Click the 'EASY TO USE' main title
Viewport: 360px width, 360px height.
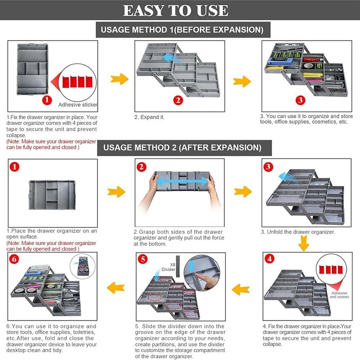click(176, 10)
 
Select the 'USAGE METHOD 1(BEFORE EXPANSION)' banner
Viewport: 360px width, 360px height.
click(183, 30)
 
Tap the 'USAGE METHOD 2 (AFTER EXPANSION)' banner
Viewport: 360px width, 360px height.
click(184, 148)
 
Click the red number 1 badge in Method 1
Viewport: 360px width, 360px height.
click(47, 100)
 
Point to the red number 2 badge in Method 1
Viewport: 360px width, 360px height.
click(178, 100)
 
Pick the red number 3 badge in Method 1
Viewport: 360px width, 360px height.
click(300, 100)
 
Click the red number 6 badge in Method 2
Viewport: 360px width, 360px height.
click(14, 259)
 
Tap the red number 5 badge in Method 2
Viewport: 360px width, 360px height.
click(143, 259)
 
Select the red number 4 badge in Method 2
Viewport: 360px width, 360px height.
click(270, 259)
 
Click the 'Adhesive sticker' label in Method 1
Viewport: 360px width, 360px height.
click(78, 105)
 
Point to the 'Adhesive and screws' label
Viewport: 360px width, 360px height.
click(339, 295)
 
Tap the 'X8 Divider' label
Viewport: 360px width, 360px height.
click(169, 267)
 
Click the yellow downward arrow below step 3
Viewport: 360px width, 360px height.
click(303, 243)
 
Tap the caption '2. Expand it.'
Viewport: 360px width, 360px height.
click(149, 117)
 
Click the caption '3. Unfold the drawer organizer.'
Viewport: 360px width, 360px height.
click(298, 232)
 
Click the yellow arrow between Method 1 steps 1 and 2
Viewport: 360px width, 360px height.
click(120, 79)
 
